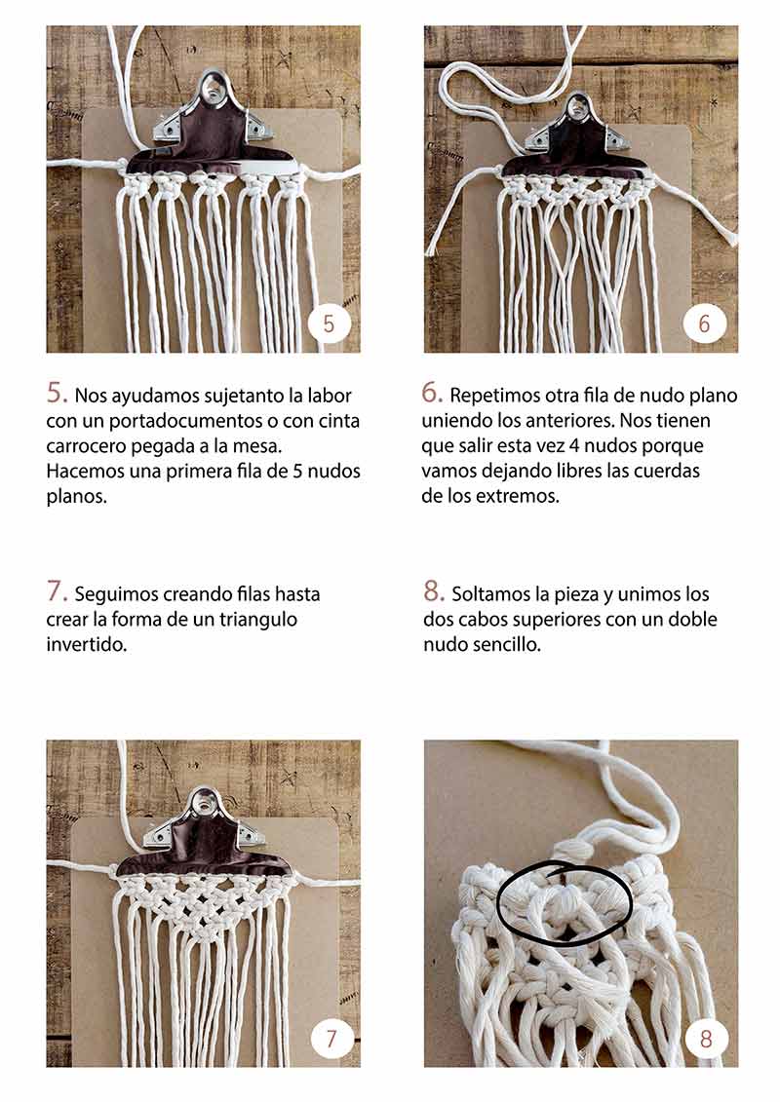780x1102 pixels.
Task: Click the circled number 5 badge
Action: (x=329, y=323)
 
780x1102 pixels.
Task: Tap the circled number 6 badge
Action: (x=704, y=323)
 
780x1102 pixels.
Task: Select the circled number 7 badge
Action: (x=331, y=1038)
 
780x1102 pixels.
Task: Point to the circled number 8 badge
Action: (x=706, y=1038)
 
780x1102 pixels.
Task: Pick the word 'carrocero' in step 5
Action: (x=87, y=445)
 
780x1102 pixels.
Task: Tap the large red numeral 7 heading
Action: (x=57, y=591)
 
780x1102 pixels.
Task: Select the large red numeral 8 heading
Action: (x=433, y=591)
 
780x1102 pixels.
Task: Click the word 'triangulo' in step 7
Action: (x=258, y=620)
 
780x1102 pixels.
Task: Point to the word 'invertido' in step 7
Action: (x=86, y=644)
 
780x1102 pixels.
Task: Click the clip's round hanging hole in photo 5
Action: (x=210, y=87)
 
